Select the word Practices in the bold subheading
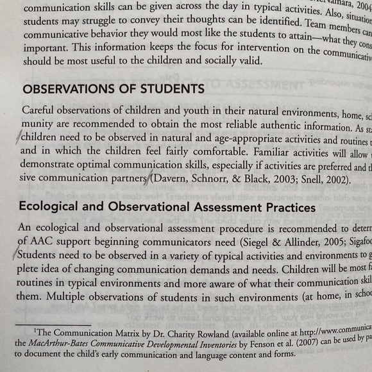[x=283, y=208]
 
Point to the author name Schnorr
[x=220, y=181]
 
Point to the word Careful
[x=40, y=110]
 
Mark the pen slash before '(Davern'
[x=151, y=180]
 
